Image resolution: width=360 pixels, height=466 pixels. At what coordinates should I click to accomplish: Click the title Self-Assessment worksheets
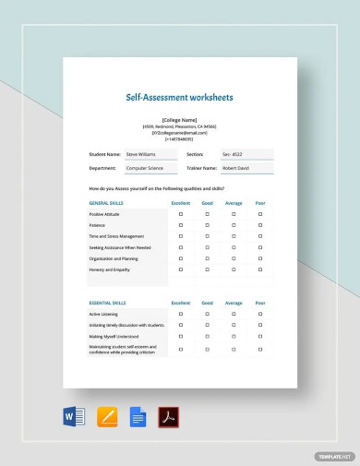pyautogui.click(x=180, y=96)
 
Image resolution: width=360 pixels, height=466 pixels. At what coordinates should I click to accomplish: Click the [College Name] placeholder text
pyautogui.click(x=180, y=120)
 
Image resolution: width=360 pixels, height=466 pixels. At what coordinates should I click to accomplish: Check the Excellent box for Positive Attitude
pyautogui.click(x=181, y=214)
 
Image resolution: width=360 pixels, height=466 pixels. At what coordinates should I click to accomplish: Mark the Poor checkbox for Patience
pyautogui.click(x=260, y=225)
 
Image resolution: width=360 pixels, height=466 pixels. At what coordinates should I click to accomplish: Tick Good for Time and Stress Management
pyautogui.click(x=207, y=236)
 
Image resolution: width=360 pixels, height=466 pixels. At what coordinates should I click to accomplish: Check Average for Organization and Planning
pyautogui.click(x=234, y=259)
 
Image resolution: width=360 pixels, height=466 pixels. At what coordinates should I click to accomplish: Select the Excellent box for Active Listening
pyautogui.click(x=181, y=314)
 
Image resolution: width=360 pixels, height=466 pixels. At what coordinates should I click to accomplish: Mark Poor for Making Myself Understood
pyautogui.click(x=260, y=337)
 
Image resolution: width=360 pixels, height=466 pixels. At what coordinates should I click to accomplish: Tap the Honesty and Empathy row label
pyautogui.click(x=110, y=270)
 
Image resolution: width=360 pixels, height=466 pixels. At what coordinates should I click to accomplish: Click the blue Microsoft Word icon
pyautogui.click(x=73, y=417)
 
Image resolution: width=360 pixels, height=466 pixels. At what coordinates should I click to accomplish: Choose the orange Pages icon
pyautogui.click(x=107, y=417)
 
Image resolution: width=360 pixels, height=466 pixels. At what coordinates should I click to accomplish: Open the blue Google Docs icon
pyautogui.click(x=138, y=417)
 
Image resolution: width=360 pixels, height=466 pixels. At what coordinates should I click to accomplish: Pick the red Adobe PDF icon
pyautogui.click(x=169, y=417)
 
